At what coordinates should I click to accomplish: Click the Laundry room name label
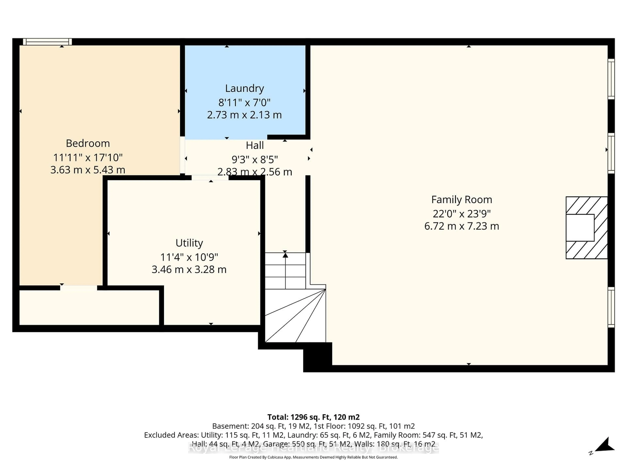pyautogui.click(x=244, y=88)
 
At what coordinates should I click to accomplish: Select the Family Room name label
pyautogui.click(x=461, y=200)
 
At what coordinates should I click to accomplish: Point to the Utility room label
pyautogui.click(x=189, y=243)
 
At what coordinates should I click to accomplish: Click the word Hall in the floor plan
pyautogui.click(x=255, y=146)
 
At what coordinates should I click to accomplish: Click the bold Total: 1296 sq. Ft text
pyautogui.click(x=313, y=417)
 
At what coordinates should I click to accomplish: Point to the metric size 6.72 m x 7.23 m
pyautogui.click(x=461, y=226)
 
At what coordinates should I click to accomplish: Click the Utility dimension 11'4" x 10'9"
pyautogui.click(x=189, y=257)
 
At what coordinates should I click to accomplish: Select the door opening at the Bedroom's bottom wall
pyautogui.click(x=79, y=288)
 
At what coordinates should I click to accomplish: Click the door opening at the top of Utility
pyautogui.click(x=210, y=178)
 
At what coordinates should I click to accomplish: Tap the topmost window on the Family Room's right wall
pyautogui.click(x=611, y=79)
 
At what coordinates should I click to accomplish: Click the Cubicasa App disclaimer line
pyautogui.click(x=313, y=457)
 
